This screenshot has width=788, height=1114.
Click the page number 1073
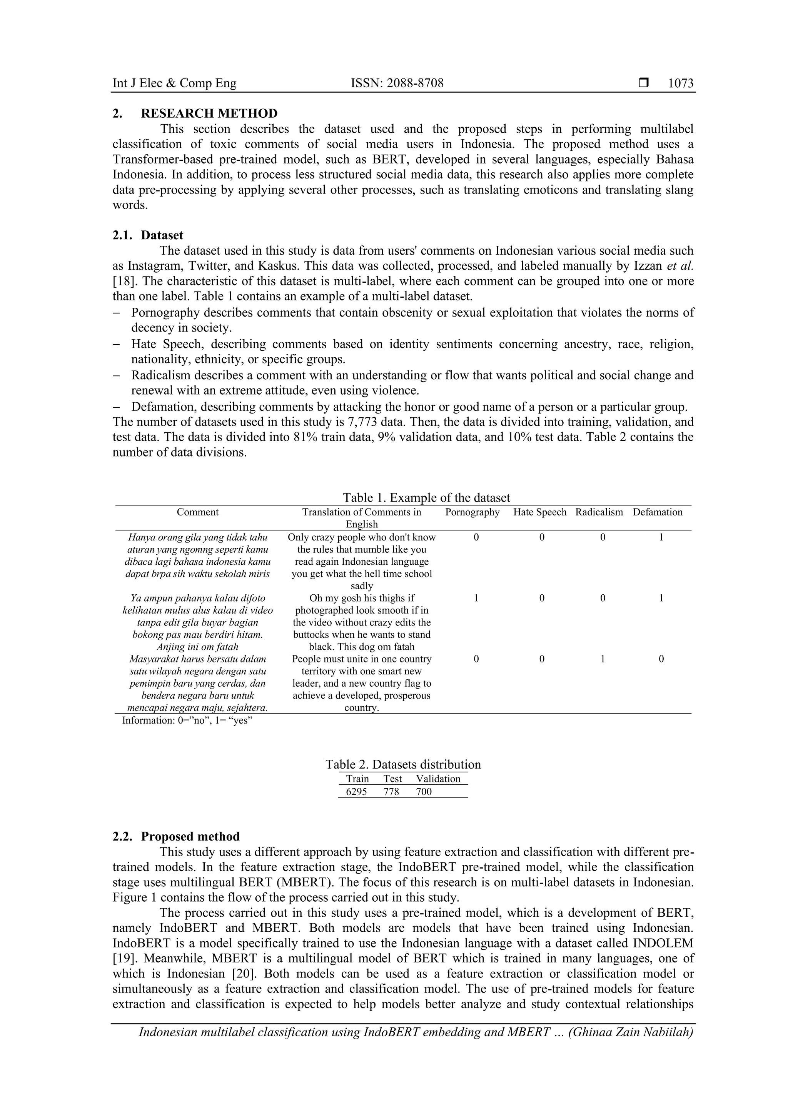click(680, 83)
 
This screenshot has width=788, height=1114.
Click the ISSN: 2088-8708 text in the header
click(397, 83)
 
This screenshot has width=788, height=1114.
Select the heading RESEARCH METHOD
click(209, 113)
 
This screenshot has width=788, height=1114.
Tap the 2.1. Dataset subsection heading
click(148, 235)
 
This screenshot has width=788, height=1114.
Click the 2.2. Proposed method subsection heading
click(176, 837)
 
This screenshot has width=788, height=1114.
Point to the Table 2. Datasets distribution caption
click(403, 765)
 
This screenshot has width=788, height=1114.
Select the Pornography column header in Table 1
click(472, 512)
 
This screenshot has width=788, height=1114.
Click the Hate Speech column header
click(539, 512)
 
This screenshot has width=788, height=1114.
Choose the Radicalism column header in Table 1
click(599, 512)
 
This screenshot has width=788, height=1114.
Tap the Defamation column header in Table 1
click(658, 512)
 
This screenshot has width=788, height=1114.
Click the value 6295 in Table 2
click(356, 792)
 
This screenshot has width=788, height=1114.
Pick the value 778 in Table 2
click(391, 792)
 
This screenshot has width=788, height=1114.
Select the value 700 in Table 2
click(424, 792)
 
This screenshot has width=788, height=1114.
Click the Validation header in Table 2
click(438, 779)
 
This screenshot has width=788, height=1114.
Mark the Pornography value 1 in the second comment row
click(476, 598)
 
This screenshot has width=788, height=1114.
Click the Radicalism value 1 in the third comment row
click(603, 659)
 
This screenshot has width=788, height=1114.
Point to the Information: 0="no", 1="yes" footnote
click(187, 720)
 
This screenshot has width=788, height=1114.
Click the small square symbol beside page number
click(643, 83)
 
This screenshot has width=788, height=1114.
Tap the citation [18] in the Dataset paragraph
click(123, 282)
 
